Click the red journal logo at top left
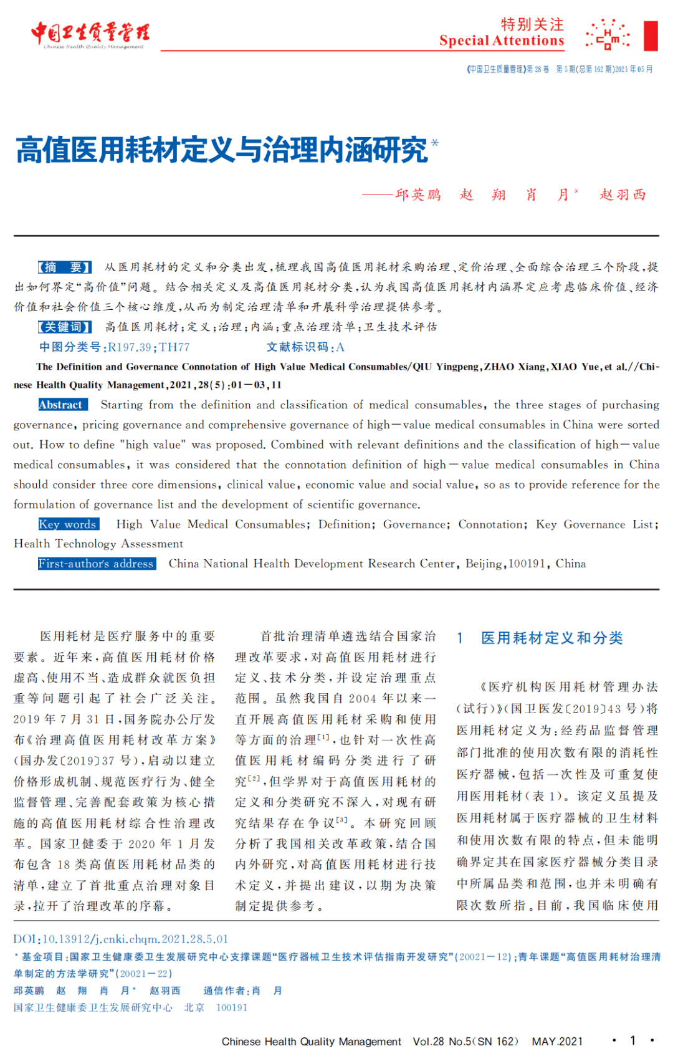pyautogui.click(x=90, y=34)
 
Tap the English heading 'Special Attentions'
pyautogui.click(x=501, y=41)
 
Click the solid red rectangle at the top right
pyautogui.click(x=651, y=36)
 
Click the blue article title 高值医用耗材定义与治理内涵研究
pyautogui.click(x=222, y=150)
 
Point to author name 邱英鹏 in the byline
pyautogui.click(x=418, y=194)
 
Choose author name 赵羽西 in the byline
pyautogui.click(x=623, y=194)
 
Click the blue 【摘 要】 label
pyautogui.click(x=65, y=267)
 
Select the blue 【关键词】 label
pyautogui.click(x=65, y=327)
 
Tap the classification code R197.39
pyautogui.click(x=130, y=347)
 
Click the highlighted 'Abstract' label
pyautogui.click(x=60, y=405)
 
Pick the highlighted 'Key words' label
pyautogui.click(x=67, y=524)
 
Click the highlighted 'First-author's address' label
pyautogui.click(x=96, y=564)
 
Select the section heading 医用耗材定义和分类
pyautogui.click(x=551, y=638)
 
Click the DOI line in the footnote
pyautogui.click(x=121, y=939)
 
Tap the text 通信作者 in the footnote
pyautogui.click(x=225, y=991)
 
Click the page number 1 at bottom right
pyautogui.click(x=633, y=1040)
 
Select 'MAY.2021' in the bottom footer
pyautogui.click(x=557, y=1042)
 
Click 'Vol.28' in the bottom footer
pyautogui.click(x=428, y=1042)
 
